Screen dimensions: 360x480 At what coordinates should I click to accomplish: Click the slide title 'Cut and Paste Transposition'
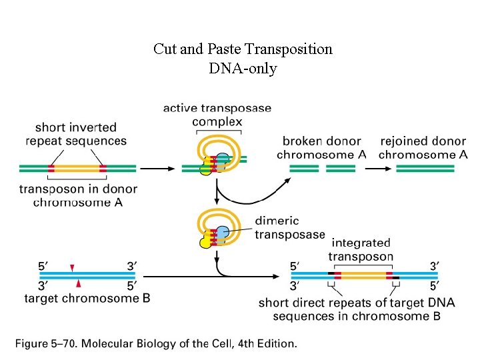pos(243,49)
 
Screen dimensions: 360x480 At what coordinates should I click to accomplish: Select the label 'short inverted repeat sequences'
pos(76,133)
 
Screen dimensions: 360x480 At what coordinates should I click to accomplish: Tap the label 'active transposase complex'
pos(217,115)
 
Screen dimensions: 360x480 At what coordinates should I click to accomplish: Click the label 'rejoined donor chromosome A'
pos(423,147)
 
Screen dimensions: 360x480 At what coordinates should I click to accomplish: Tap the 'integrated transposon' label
pos(361,250)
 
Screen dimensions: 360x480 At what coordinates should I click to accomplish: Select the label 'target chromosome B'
pos(87,298)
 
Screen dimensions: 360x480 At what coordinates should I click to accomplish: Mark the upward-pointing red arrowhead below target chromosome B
pos(79,284)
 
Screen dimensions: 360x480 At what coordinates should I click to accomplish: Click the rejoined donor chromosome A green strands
pos(425,168)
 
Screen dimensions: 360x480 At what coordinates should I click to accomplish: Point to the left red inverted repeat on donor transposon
pos(51,168)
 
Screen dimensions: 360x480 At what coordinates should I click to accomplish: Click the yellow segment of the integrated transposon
pos(363,275)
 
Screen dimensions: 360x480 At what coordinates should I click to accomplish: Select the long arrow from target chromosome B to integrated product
pos(213,275)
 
